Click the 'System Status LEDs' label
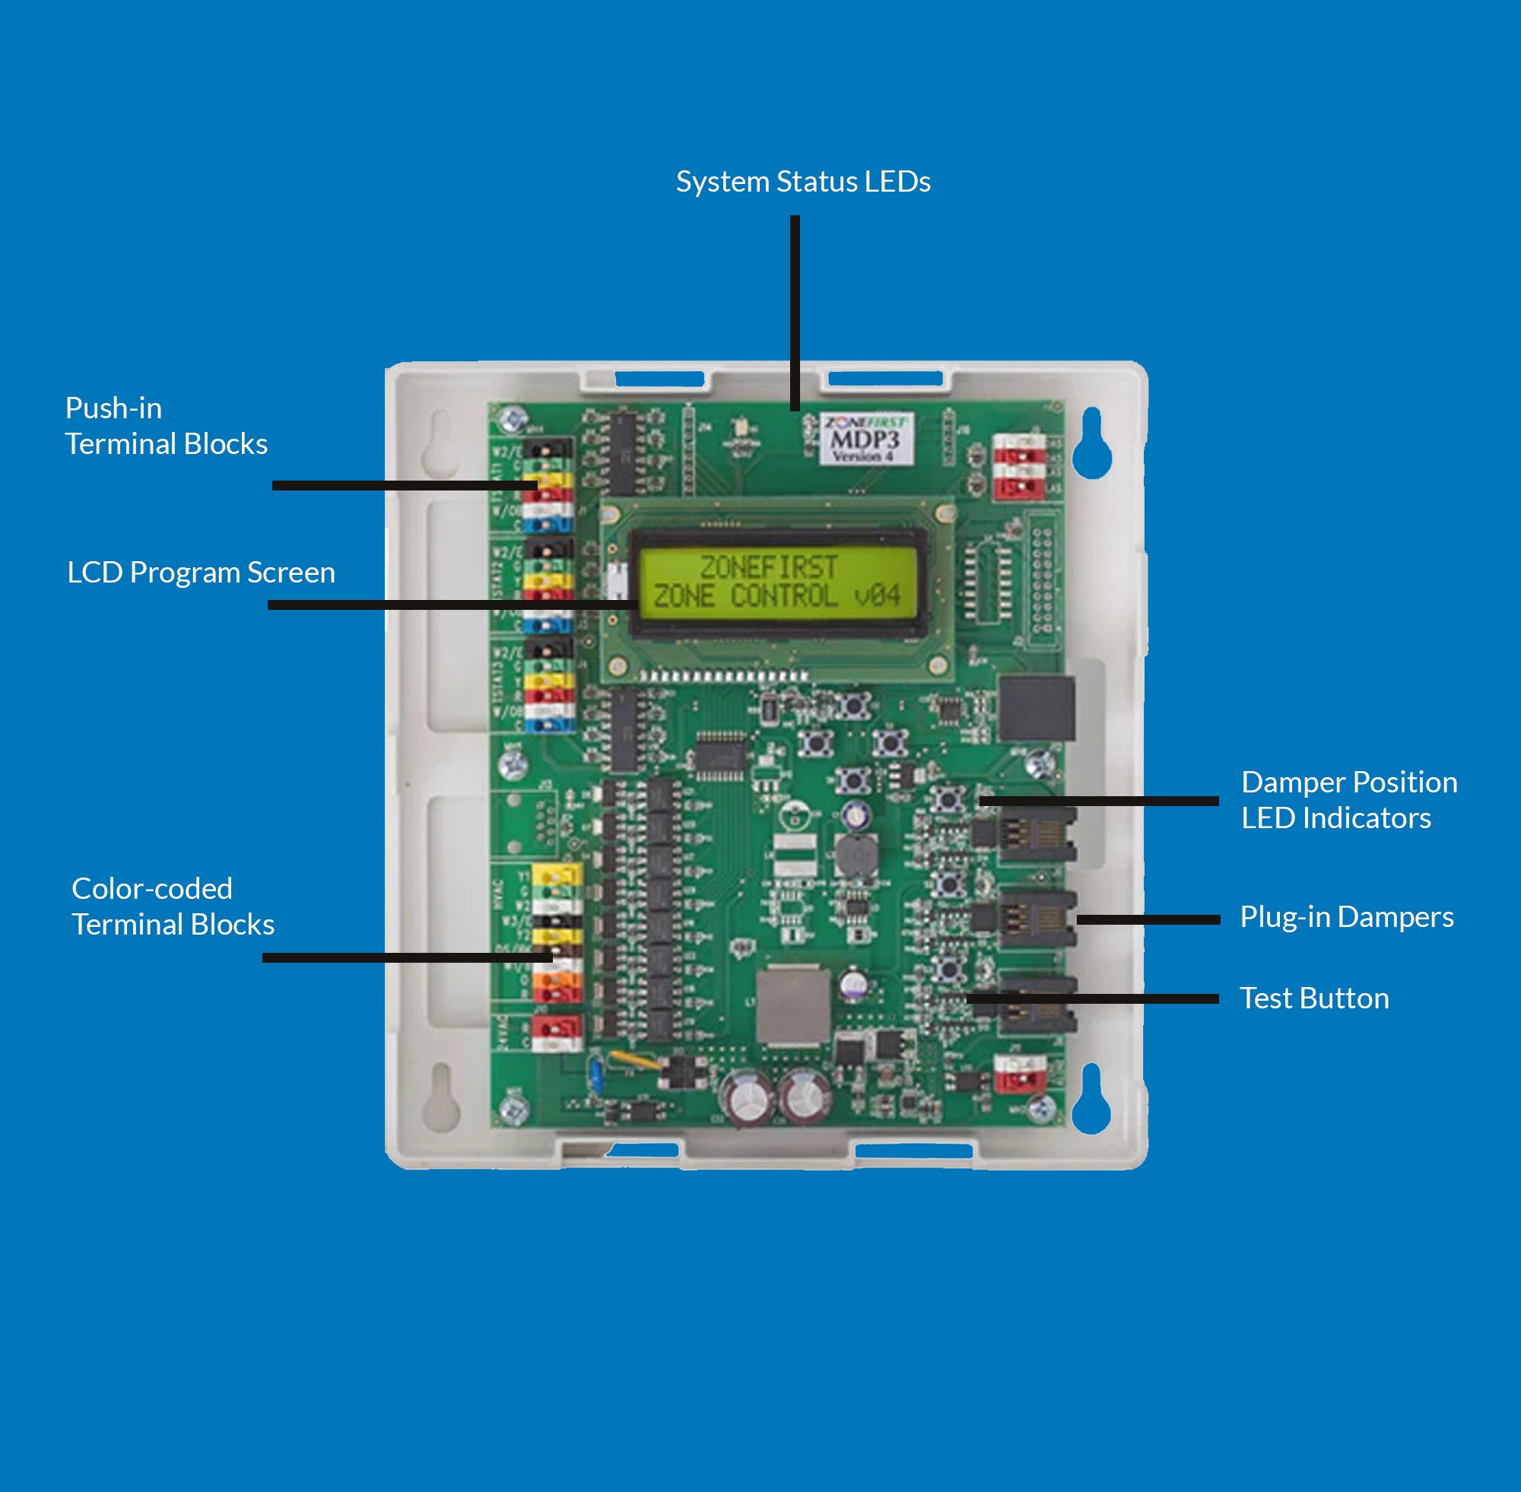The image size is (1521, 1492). pyautogui.click(x=802, y=182)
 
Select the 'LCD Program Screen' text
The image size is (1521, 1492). pyautogui.click(x=201, y=573)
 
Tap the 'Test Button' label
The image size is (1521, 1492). pyautogui.click(x=1313, y=998)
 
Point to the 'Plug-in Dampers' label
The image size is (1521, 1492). pyautogui.click(x=1346, y=917)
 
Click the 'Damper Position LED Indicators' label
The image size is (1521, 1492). pyautogui.click(x=1348, y=800)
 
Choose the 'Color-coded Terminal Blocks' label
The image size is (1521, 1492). pyautogui.click(x=173, y=906)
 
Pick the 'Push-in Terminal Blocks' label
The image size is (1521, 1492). pyautogui.click(x=165, y=426)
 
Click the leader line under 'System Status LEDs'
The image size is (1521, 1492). pyautogui.click(x=795, y=313)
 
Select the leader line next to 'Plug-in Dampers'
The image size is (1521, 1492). pyautogui.click(x=1148, y=920)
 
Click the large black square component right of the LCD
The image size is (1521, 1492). pyautogui.click(x=1036, y=709)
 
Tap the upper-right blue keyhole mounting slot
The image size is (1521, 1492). pyautogui.click(x=1091, y=449)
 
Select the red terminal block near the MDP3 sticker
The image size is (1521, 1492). pyautogui.click(x=1019, y=467)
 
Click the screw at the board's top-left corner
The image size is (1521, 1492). pyautogui.click(x=513, y=418)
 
